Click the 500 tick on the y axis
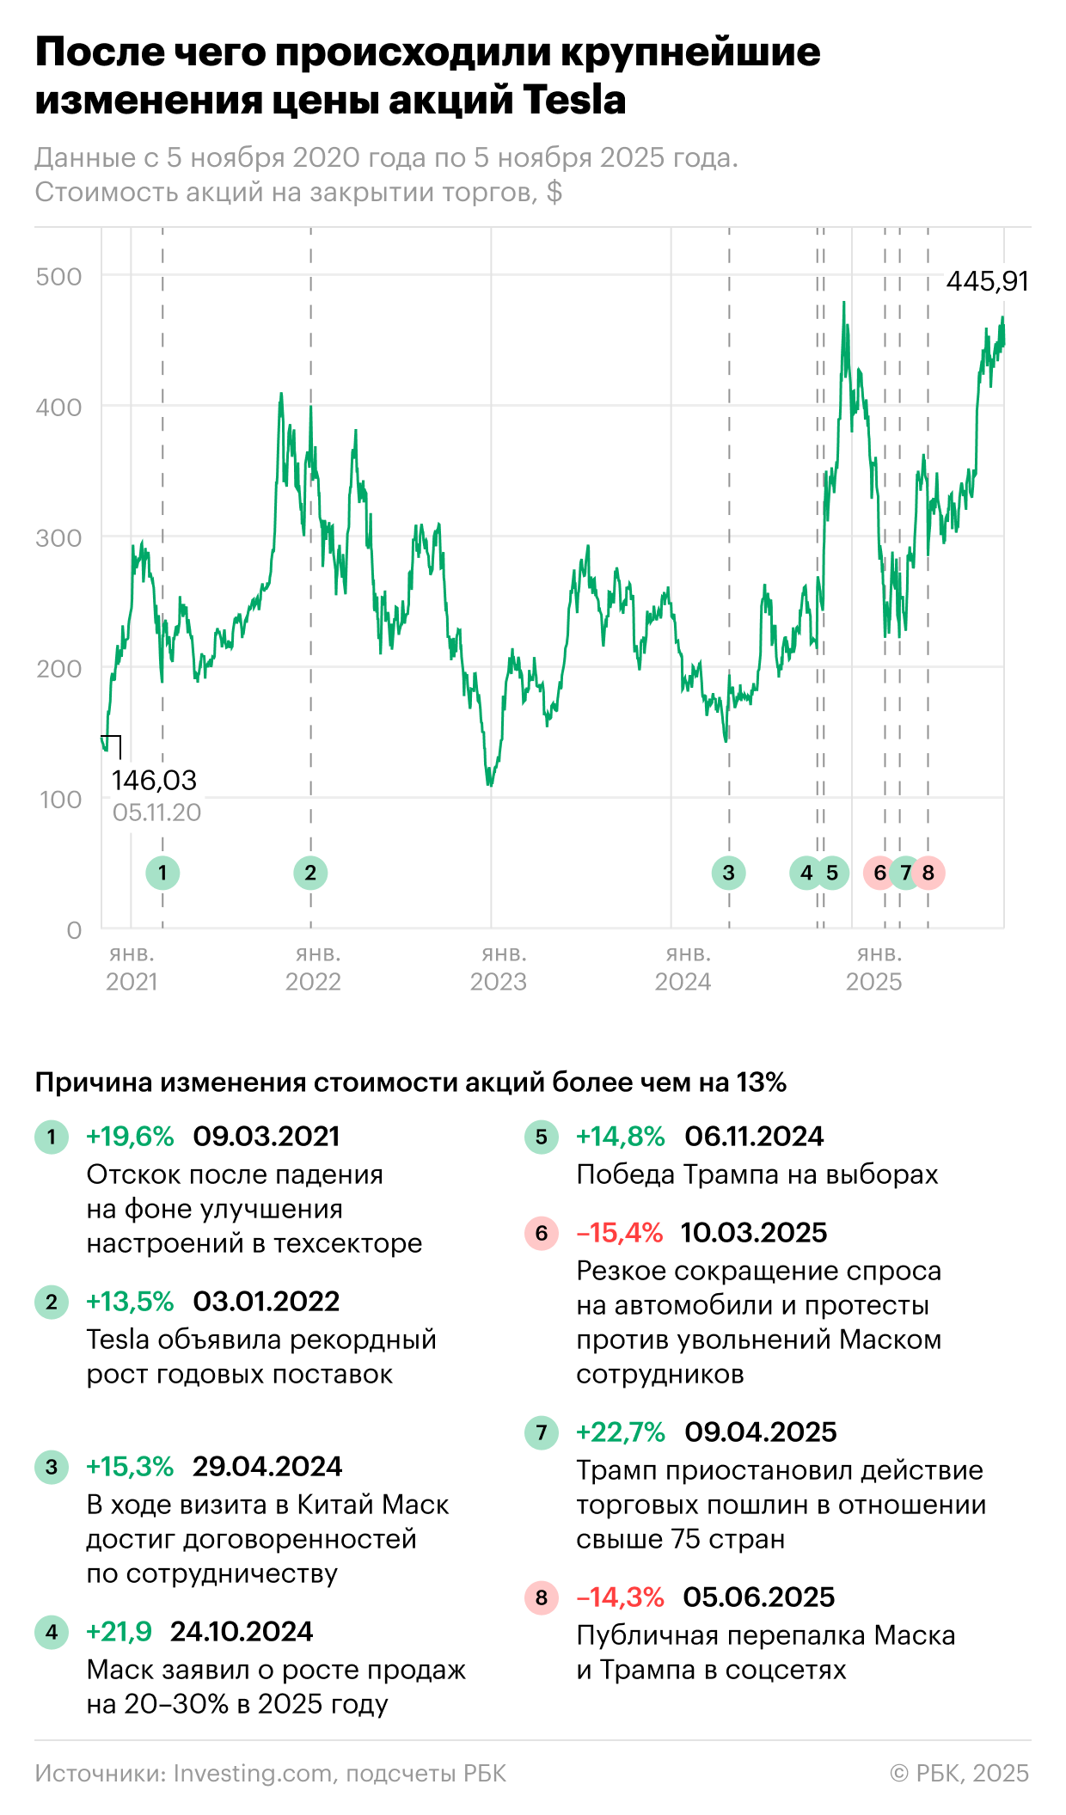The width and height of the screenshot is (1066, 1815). tap(58, 277)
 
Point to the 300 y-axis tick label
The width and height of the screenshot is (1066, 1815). tap(58, 538)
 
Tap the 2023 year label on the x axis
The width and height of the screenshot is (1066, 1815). tap(498, 981)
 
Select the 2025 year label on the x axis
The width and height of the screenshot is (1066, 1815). tap(873, 981)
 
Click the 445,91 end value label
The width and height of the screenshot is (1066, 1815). tap(987, 281)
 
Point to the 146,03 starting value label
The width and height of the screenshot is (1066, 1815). tap(154, 780)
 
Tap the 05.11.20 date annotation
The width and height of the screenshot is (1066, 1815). tap(156, 812)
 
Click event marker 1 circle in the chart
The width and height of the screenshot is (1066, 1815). tap(162, 873)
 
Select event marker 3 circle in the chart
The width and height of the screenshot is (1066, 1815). tap(728, 873)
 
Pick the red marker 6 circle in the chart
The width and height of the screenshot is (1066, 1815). tap(879, 873)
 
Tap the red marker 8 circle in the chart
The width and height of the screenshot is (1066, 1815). tap(928, 873)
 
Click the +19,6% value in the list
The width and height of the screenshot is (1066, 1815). tap(130, 1137)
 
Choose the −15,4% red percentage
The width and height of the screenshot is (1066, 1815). tap(619, 1233)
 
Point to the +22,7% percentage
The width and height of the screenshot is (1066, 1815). tap(620, 1432)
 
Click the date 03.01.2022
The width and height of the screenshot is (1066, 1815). tap(266, 1302)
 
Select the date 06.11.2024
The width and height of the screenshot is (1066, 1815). tap(754, 1137)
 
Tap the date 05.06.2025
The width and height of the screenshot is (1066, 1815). tap(759, 1597)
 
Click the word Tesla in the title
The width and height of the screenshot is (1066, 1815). tap(574, 99)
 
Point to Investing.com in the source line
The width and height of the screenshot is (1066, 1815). tap(253, 1773)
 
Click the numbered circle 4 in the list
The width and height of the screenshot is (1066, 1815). tap(52, 1632)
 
